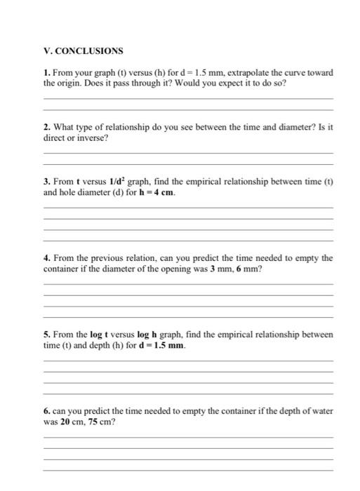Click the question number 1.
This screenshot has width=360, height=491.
(46, 73)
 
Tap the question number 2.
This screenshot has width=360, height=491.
(46, 127)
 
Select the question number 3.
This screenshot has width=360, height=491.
(46, 182)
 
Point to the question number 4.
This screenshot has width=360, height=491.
(46, 258)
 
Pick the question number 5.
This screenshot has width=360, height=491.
(46, 335)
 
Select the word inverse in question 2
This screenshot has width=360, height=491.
(85, 138)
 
